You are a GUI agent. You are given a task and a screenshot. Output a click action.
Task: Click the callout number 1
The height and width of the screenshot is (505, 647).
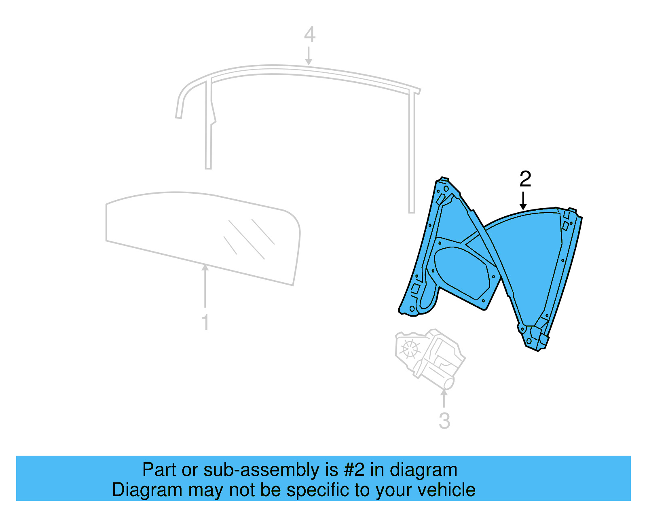(205, 322)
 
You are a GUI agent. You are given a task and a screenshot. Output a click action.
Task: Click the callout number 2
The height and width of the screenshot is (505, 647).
(525, 179)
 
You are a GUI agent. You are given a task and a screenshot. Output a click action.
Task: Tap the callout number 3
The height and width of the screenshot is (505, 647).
(444, 421)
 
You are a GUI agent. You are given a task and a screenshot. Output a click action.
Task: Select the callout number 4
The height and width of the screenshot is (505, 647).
(309, 35)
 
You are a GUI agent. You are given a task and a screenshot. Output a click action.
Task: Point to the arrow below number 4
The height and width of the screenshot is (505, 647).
(309, 56)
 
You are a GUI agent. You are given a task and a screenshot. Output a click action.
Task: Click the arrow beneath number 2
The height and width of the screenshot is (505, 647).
(523, 201)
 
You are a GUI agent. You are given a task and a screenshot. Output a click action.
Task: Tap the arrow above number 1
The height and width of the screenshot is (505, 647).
(205, 285)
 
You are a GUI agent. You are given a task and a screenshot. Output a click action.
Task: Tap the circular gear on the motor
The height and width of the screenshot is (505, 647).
(410, 348)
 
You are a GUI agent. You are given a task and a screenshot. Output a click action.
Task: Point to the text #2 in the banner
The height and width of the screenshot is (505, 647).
(354, 470)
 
